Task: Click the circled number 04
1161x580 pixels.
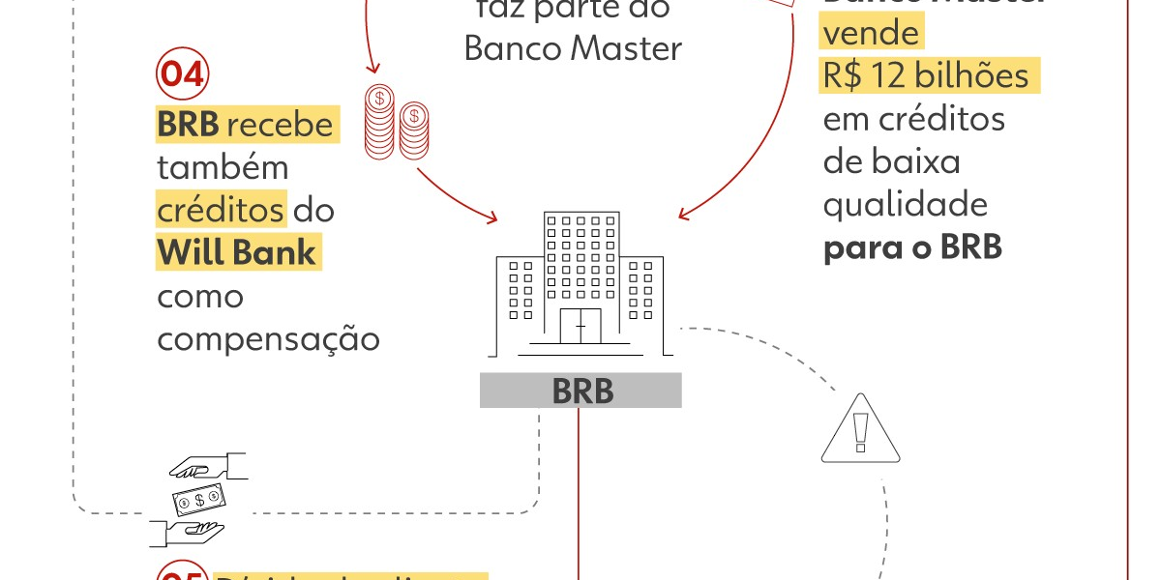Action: coord(183,74)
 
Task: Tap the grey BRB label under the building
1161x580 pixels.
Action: coord(580,391)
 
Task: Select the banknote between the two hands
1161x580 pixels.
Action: coord(199,500)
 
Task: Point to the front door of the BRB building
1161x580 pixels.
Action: coord(580,327)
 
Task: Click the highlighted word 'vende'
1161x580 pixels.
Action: coord(871,34)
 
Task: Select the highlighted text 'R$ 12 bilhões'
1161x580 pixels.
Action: coord(926,75)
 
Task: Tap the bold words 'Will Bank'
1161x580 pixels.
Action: coord(237,252)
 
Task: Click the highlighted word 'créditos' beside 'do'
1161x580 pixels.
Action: coord(221,210)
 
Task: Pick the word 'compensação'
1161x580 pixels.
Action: coord(268,338)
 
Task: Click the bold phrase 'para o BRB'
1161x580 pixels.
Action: coord(912,246)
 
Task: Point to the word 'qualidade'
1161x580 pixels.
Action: coord(905,204)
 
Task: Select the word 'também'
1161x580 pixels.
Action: coord(223,167)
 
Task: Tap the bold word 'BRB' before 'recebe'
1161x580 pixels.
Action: coord(190,125)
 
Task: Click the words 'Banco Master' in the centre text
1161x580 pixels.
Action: coord(573,47)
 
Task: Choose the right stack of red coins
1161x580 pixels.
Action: coord(413,130)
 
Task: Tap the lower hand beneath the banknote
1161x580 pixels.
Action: coord(188,533)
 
